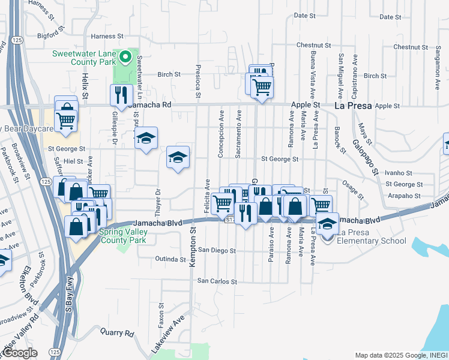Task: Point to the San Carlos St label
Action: (x=218, y=281)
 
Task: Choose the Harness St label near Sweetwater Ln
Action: (x=107, y=36)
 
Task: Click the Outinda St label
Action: (x=170, y=260)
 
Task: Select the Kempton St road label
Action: (x=193, y=239)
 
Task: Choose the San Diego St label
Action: (x=217, y=250)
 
